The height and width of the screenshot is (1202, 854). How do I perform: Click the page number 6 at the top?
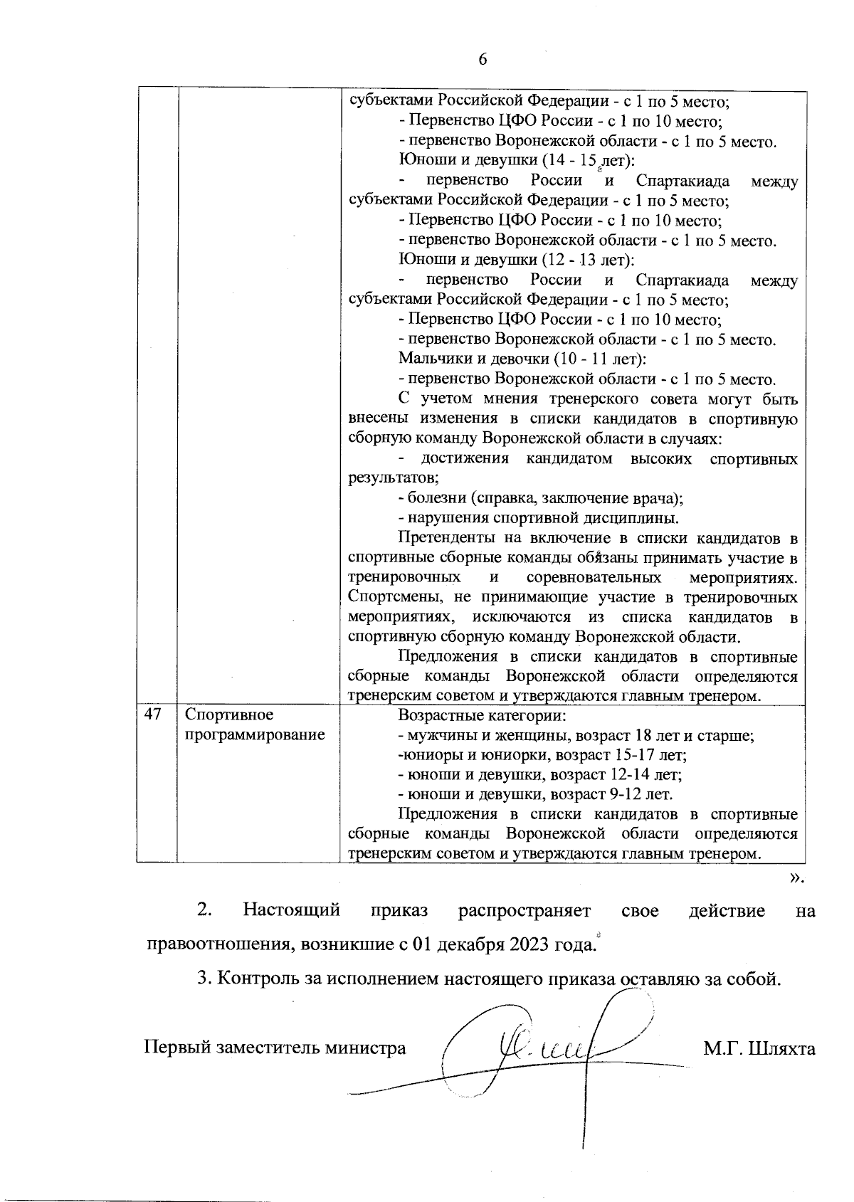coord(483,60)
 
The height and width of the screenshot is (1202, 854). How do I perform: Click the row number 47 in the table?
coord(153,715)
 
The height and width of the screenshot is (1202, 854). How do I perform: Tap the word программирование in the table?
coord(255,734)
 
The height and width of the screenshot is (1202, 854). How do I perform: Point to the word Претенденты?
coord(446,537)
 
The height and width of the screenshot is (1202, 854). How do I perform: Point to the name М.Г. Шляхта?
coord(759,1048)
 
